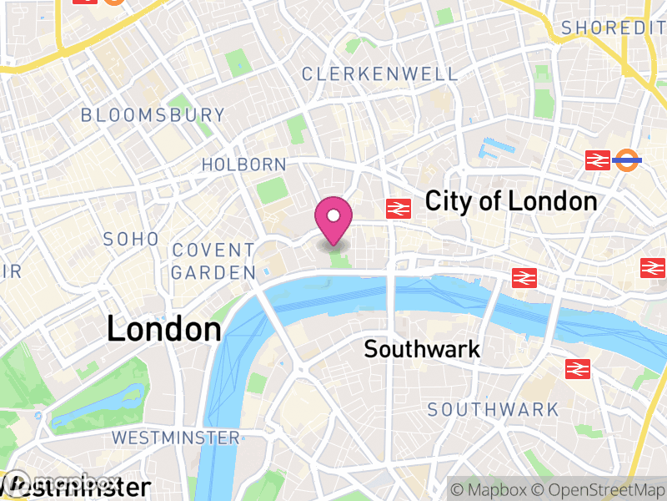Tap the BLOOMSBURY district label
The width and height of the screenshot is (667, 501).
(153, 115)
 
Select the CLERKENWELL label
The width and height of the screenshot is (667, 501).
(379, 74)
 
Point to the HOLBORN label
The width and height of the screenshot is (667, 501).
(243, 164)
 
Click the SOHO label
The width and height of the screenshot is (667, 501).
(131, 239)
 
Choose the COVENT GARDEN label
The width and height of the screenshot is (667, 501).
(213, 261)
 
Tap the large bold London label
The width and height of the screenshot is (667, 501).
(163, 329)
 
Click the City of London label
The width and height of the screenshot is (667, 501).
(511, 201)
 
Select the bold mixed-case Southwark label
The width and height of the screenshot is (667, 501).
(422, 348)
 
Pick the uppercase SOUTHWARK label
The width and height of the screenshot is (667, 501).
(493, 409)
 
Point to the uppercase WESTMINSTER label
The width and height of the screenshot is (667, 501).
(175, 438)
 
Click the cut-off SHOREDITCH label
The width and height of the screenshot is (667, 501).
(614, 28)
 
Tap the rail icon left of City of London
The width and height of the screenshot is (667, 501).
(398, 209)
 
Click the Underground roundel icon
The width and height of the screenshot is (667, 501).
(627, 159)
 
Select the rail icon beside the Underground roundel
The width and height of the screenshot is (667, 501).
(598, 160)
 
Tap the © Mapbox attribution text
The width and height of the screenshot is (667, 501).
(496, 489)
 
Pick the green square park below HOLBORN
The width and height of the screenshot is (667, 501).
(271, 190)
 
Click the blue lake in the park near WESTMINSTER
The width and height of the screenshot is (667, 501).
(91, 411)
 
